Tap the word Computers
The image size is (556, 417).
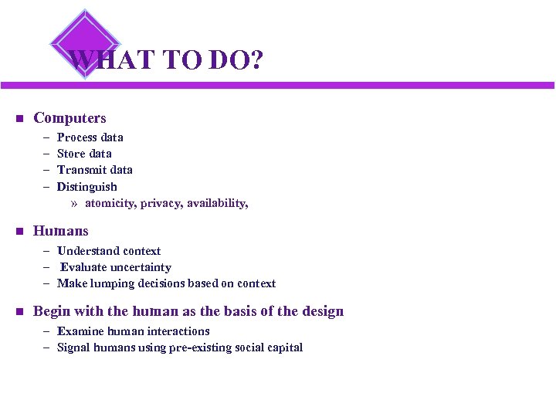click(69, 118)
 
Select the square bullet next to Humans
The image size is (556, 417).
click(19, 232)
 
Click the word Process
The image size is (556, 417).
click(77, 137)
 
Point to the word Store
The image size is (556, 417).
click(72, 154)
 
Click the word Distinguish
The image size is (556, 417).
click(87, 187)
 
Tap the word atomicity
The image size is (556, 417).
click(113, 203)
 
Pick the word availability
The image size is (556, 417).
click(218, 203)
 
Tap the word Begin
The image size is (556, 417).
click(51, 312)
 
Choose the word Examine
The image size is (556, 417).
click(80, 331)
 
